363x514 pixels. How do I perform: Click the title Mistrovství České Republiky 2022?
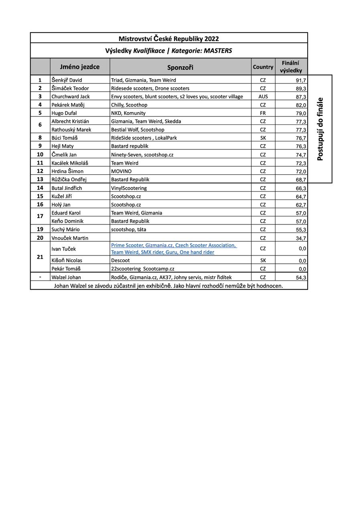click(x=168, y=39)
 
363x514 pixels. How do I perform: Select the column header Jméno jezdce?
click(x=80, y=67)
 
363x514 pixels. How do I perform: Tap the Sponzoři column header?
click(x=180, y=67)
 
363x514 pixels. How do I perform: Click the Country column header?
click(x=263, y=67)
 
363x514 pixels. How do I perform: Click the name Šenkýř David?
click(x=67, y=80)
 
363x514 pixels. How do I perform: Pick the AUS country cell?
click(x=263, y=96)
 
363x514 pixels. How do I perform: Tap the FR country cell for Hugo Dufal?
click(x=263, y=113)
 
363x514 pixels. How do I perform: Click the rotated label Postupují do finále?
click(x=320, y=129)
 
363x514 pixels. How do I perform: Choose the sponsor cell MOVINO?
click(x=121, y=171)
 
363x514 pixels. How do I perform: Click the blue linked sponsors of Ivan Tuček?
click(x=174, y=249)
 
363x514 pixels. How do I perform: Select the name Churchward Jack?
click(x=71, y=96)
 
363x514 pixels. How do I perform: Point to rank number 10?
click(x=40, y=154)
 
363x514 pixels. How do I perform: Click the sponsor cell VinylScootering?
click(x=129, y=188)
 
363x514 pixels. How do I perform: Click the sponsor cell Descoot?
click(x=120, y=260)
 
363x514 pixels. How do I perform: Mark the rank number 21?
click(x=40, y=257)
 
